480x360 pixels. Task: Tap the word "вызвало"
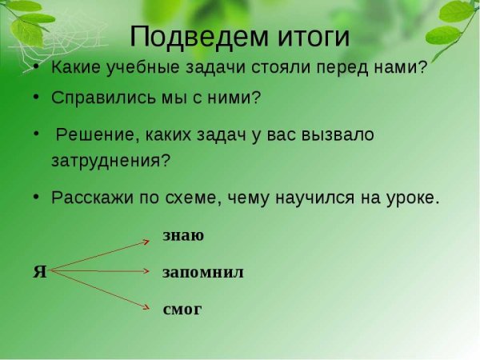point(340,134)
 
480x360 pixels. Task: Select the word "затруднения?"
point(110,158)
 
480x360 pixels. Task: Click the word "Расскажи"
point(89,197)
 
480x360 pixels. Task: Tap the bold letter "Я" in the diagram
point(39,271)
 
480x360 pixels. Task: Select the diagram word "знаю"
point(183,235)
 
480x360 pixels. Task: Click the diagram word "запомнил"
point(202,272)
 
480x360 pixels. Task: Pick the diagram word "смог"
point(182,309)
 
